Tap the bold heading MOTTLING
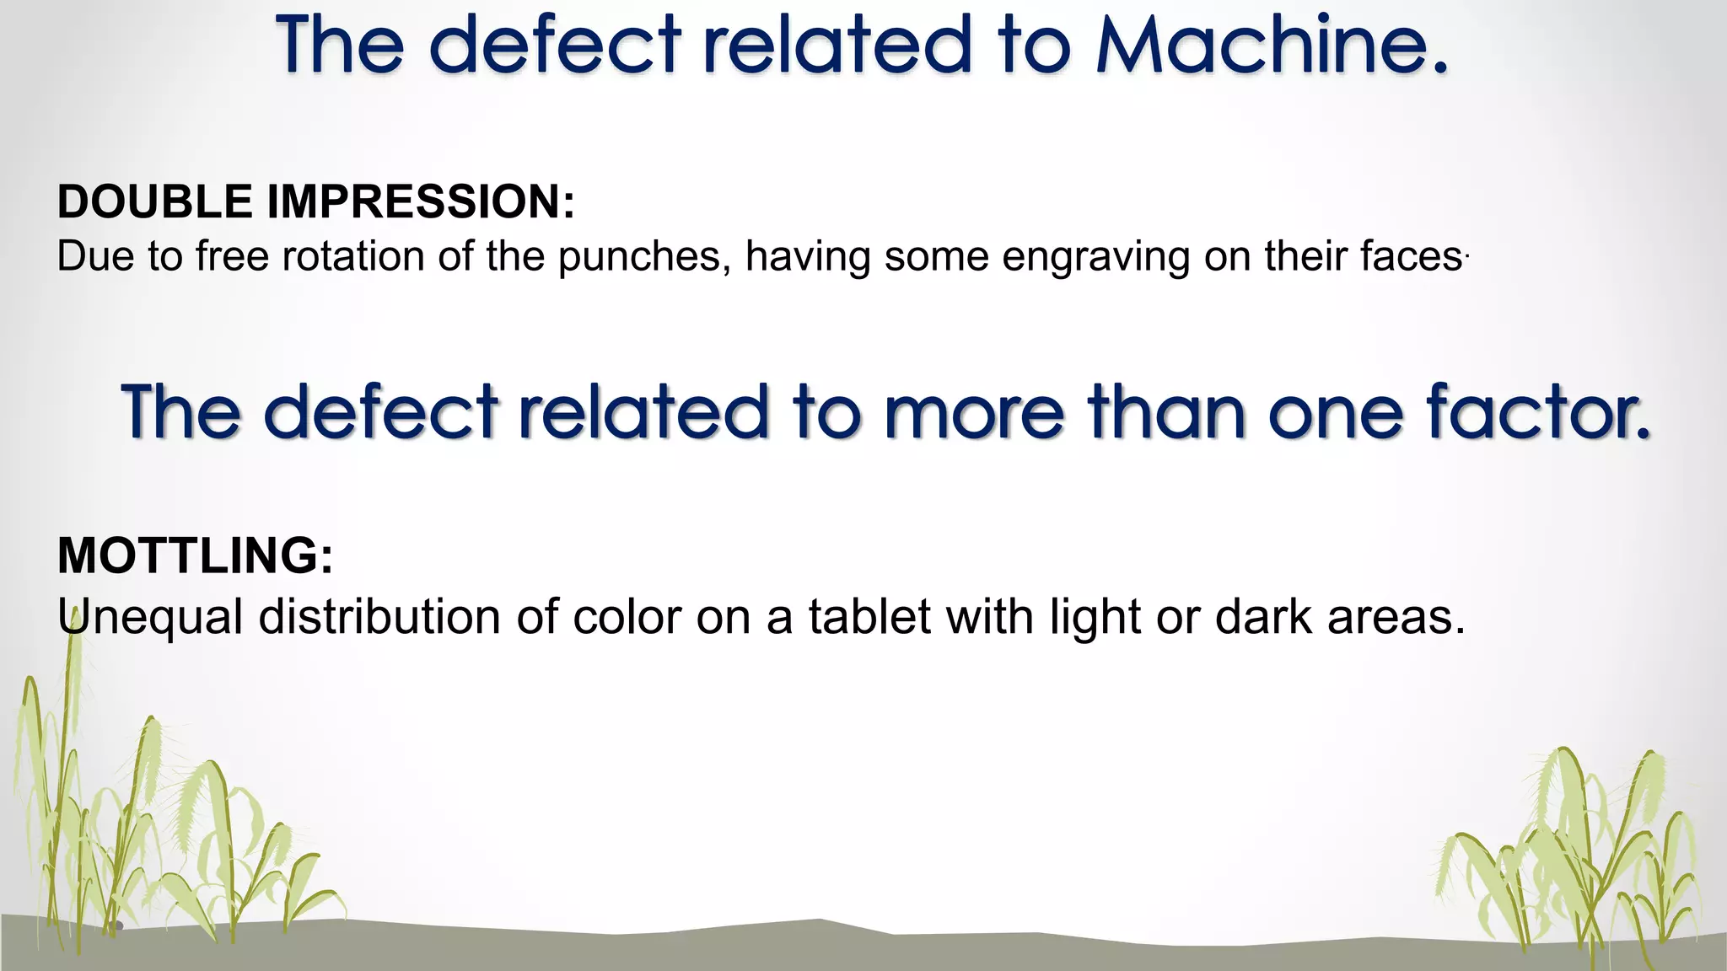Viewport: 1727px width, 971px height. click(x=195, y=555)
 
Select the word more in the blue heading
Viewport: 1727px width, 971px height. click(x=974, y=412)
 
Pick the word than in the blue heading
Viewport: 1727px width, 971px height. click(x=1167, y=412)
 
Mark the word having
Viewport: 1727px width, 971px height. click(x=807, y=258)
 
